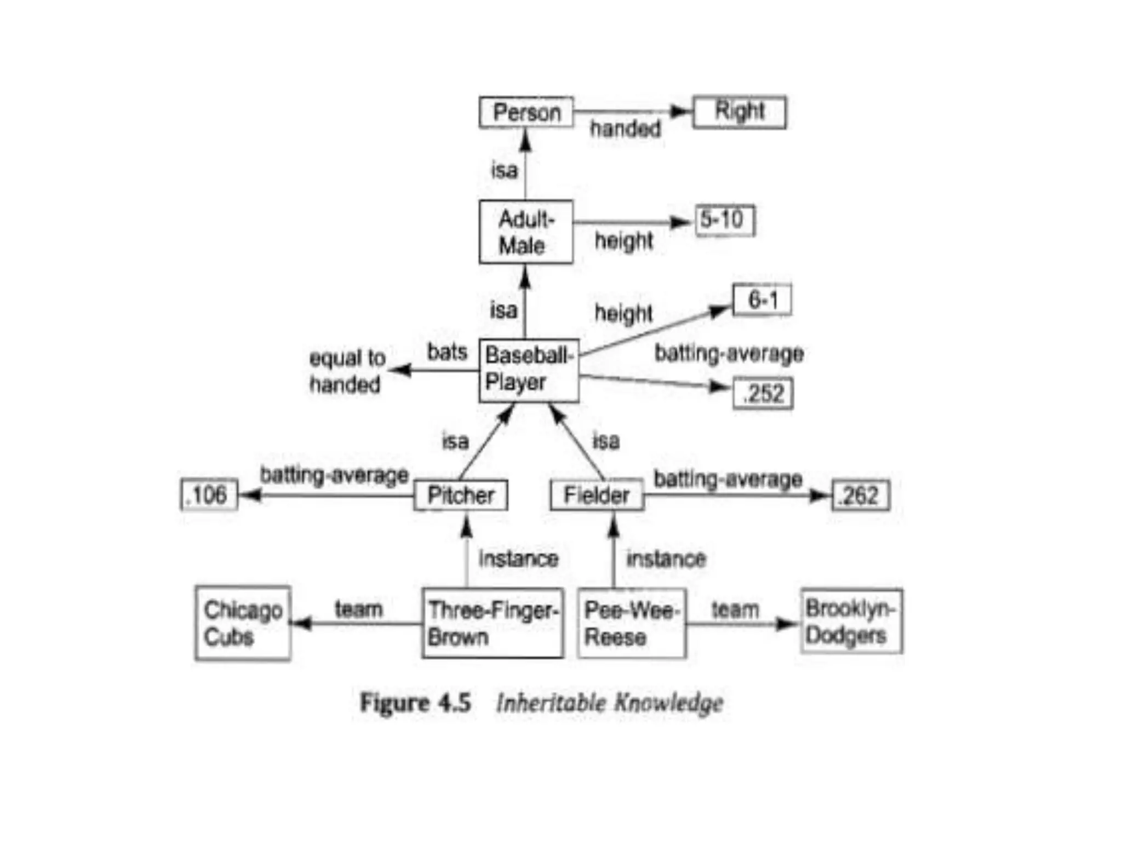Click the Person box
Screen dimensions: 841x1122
[x=526, y=112]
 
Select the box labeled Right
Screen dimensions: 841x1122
[x=739, y=112]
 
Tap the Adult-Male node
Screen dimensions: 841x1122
[x=526, y=232]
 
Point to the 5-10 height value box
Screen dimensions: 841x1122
[x=724, y=220]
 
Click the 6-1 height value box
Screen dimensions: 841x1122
[x=762, y=300]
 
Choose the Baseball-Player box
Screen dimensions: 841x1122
[x=529, y=370]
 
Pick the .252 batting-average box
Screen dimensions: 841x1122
[x=763, y=393]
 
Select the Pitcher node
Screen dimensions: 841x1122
[x=461, y=496]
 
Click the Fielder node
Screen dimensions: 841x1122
[x=597, y=496]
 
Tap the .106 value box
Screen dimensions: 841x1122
[x=209, y=495]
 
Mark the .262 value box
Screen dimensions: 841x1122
[x=860, y=496]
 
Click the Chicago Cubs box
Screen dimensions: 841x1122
[x=243, y=623]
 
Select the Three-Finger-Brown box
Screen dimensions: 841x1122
[x=493, y=623]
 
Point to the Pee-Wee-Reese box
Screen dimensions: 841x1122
[x=632, y=623]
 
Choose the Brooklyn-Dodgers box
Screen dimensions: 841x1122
[x=851, y=621]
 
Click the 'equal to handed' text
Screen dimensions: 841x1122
[x=347, y=371]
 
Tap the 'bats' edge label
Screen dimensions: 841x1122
[x=447, y=352]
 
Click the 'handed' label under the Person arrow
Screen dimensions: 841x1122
[x=625, y=129]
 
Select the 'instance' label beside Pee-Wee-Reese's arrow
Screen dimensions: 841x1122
[x=666, y=559]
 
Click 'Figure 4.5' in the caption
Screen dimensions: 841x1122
[x=415, y=702]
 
